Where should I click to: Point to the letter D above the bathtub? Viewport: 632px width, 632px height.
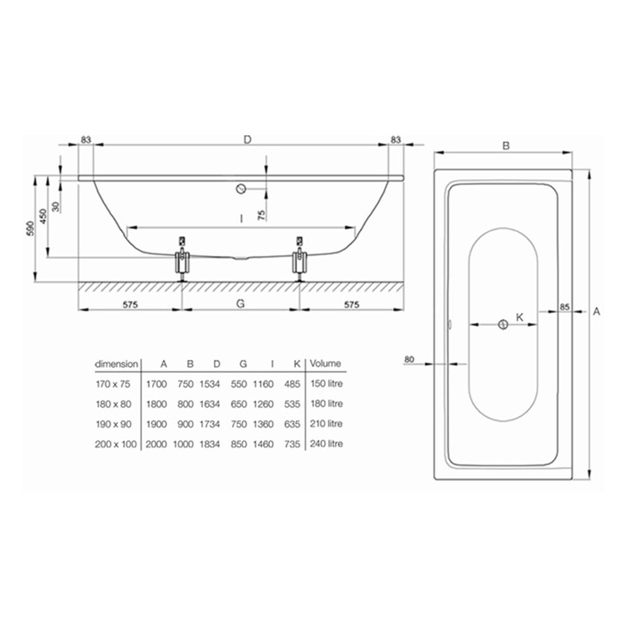(248, 140)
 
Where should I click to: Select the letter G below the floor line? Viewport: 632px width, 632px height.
(240, 303)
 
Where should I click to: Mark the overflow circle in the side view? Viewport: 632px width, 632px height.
(240, 188)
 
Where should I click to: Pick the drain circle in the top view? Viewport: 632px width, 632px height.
(502, 325)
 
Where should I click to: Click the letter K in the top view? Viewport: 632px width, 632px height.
(520, 317)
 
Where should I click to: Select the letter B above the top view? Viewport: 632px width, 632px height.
(506, 145)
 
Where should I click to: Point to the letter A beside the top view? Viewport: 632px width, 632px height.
(597, 311)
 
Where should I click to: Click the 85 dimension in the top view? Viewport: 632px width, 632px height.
(565, 307)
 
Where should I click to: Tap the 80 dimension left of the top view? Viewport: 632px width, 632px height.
(409, 360)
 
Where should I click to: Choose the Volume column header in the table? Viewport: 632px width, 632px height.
(325, 363)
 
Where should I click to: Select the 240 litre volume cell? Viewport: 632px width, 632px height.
(326, 444)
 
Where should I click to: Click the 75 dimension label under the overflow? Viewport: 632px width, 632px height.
(262, 214)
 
